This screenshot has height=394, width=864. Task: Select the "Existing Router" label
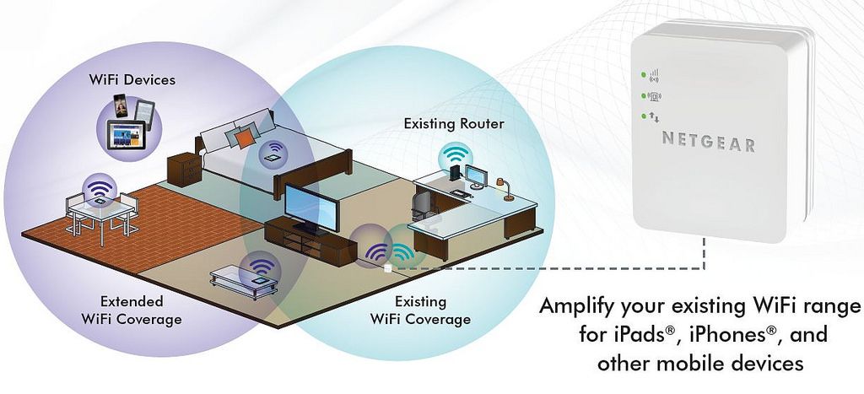[454, 124]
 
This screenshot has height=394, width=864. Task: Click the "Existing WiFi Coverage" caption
[420, 310]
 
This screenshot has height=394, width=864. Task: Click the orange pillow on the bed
[245, 136]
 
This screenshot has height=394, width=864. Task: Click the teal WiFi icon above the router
[456, 154]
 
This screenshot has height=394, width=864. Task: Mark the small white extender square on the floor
[387, 269]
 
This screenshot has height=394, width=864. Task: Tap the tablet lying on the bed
[274, 156]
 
